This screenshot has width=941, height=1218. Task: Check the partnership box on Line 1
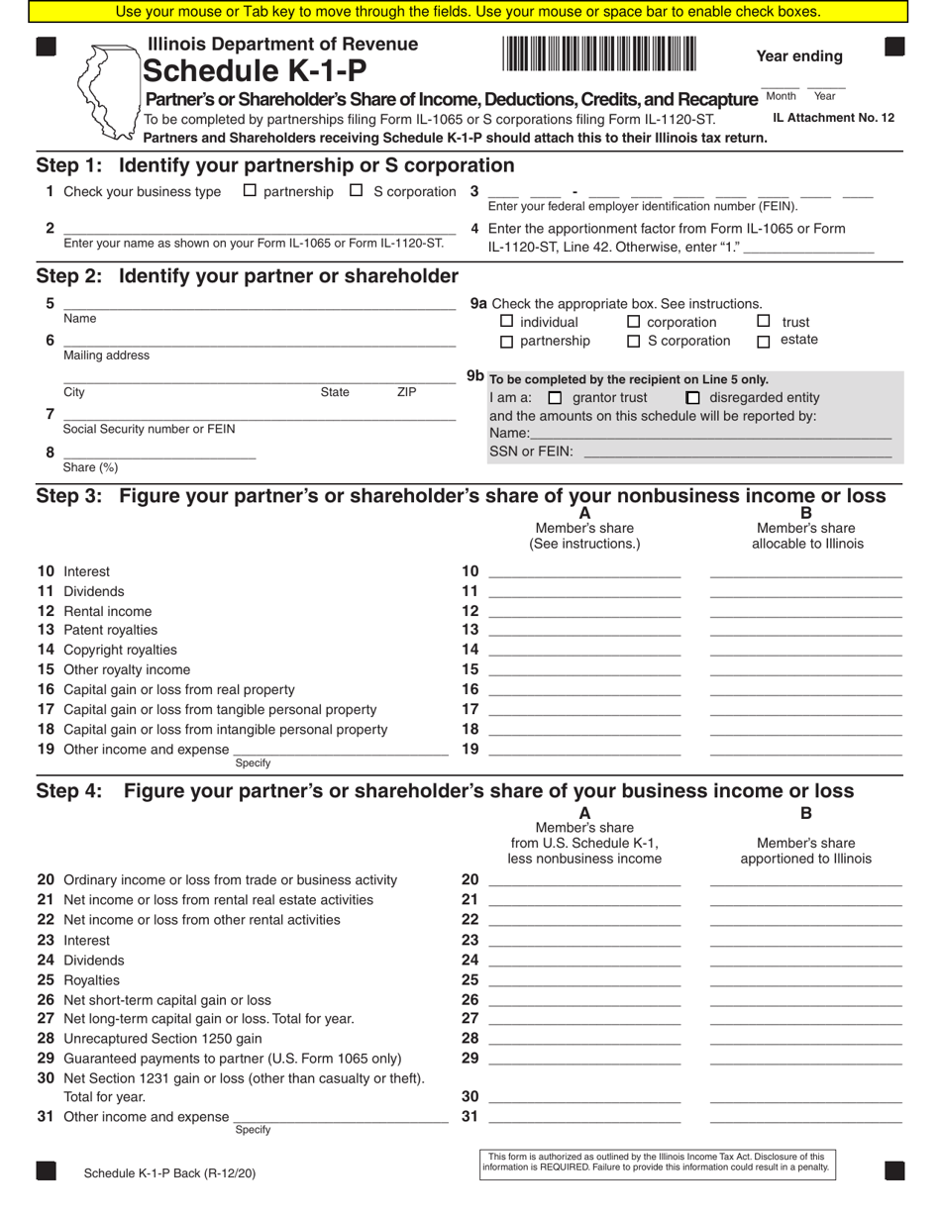[250, 190]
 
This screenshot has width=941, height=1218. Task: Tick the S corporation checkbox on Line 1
[357, 190]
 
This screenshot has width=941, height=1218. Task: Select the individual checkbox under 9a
[507, 321]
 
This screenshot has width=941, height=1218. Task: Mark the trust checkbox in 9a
[764, 321]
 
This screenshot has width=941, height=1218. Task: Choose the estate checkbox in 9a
[764, 342]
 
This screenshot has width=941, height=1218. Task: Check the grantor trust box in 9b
[555, 397]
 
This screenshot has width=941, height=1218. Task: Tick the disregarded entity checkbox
[693, 397]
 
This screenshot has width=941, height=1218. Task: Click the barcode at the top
[599, 53]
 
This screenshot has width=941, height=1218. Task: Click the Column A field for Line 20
[584, 878]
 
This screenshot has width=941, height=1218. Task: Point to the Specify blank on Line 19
[340, 749]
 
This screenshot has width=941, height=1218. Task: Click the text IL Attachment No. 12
[833, 118]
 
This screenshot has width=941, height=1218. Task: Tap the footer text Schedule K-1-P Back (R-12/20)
[169, 1173]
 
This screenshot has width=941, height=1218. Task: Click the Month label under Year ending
[781, 96]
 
